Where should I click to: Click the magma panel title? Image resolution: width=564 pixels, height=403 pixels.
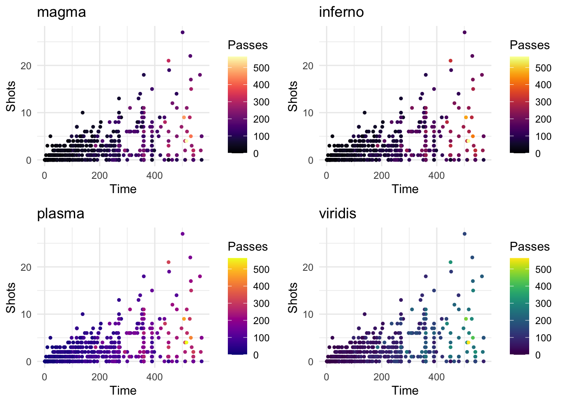pos(61,12)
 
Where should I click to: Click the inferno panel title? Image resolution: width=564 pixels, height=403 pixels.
pos(341,12)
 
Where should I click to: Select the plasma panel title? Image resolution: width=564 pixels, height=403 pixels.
pos(60,213)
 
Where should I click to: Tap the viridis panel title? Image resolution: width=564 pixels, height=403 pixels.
pos(337,213)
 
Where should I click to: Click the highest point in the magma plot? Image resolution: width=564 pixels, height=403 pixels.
pos(183,32)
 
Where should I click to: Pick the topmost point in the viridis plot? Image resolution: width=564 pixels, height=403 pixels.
pos(465,234)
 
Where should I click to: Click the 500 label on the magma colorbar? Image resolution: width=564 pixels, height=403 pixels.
pos(261,68)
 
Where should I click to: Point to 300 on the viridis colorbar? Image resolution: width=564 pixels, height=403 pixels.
pos(543,304)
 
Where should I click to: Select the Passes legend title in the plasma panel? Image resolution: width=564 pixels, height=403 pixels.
pos(248,246)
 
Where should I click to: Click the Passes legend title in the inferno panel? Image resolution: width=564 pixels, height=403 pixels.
pos(530,45)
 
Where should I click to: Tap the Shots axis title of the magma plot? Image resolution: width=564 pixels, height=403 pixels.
pos(11,96)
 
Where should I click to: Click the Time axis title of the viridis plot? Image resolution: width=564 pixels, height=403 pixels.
pos(405,390)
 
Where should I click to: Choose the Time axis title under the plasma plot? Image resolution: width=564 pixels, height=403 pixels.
pos(123,390)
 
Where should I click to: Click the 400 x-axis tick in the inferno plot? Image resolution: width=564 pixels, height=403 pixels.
pos(436,175)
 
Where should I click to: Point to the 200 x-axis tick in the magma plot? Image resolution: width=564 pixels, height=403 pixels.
pos(99,175)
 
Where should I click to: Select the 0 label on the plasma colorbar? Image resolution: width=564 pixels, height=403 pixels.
pos(256,355)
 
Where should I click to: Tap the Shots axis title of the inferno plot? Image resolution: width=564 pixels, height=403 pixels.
pos(293,96)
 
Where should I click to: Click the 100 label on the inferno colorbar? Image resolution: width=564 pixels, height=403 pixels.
pos(543,136)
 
